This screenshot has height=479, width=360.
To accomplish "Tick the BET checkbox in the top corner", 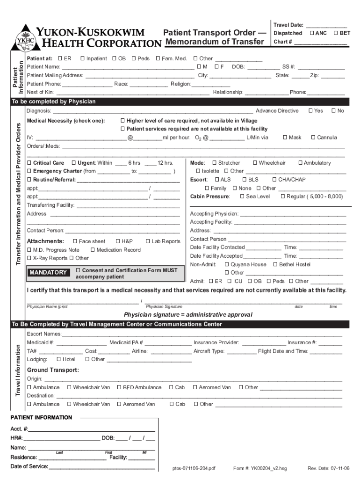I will tap(336, 33).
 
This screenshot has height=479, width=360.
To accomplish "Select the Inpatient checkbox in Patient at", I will tap(82, 58).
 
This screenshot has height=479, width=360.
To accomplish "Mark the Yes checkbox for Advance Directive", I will tap(311, 110).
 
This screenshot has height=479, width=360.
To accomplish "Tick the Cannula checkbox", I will tap(313, 138).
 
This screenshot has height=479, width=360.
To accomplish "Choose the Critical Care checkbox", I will tap(29, 163).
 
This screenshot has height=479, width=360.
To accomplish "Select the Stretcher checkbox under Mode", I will tap(214, 163).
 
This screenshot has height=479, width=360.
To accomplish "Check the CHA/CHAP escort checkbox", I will tap(274, 180).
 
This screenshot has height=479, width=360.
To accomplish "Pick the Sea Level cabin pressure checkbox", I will tap(242, 196).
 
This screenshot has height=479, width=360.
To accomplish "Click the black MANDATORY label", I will tap(48, 273).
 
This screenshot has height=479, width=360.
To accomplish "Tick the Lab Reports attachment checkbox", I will tap(148, 241).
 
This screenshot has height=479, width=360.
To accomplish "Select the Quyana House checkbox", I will tap(227, 264).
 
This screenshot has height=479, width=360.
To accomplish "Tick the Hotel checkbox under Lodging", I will tap(58, 359).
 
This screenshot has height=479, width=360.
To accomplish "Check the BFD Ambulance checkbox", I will tap(119, 387).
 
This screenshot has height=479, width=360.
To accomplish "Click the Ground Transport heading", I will tap(53, 370).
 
